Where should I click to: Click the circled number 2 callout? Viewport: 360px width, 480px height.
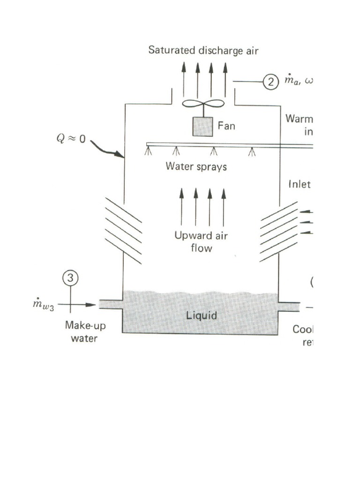click(270, 82)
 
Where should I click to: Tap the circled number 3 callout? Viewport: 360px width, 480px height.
click(70, 278)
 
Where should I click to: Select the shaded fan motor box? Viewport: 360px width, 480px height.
click(203, 126)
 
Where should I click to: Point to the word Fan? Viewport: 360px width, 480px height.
click(226, 126)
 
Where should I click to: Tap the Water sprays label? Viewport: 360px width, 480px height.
click(196, 166)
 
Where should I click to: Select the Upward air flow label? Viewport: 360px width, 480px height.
click(201, 241)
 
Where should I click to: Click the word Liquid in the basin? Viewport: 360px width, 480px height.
click(202, 315)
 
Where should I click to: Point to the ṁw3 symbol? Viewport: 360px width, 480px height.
click(43, 306)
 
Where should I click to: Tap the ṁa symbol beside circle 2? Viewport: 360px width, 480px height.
click(292, 82)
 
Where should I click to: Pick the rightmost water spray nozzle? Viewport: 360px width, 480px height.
click(253, 151)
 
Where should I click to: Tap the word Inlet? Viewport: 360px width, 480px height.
click(299, 184)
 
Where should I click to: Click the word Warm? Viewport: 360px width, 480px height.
click(299, 119)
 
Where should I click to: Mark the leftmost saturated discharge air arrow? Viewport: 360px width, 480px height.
click(183, 77)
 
